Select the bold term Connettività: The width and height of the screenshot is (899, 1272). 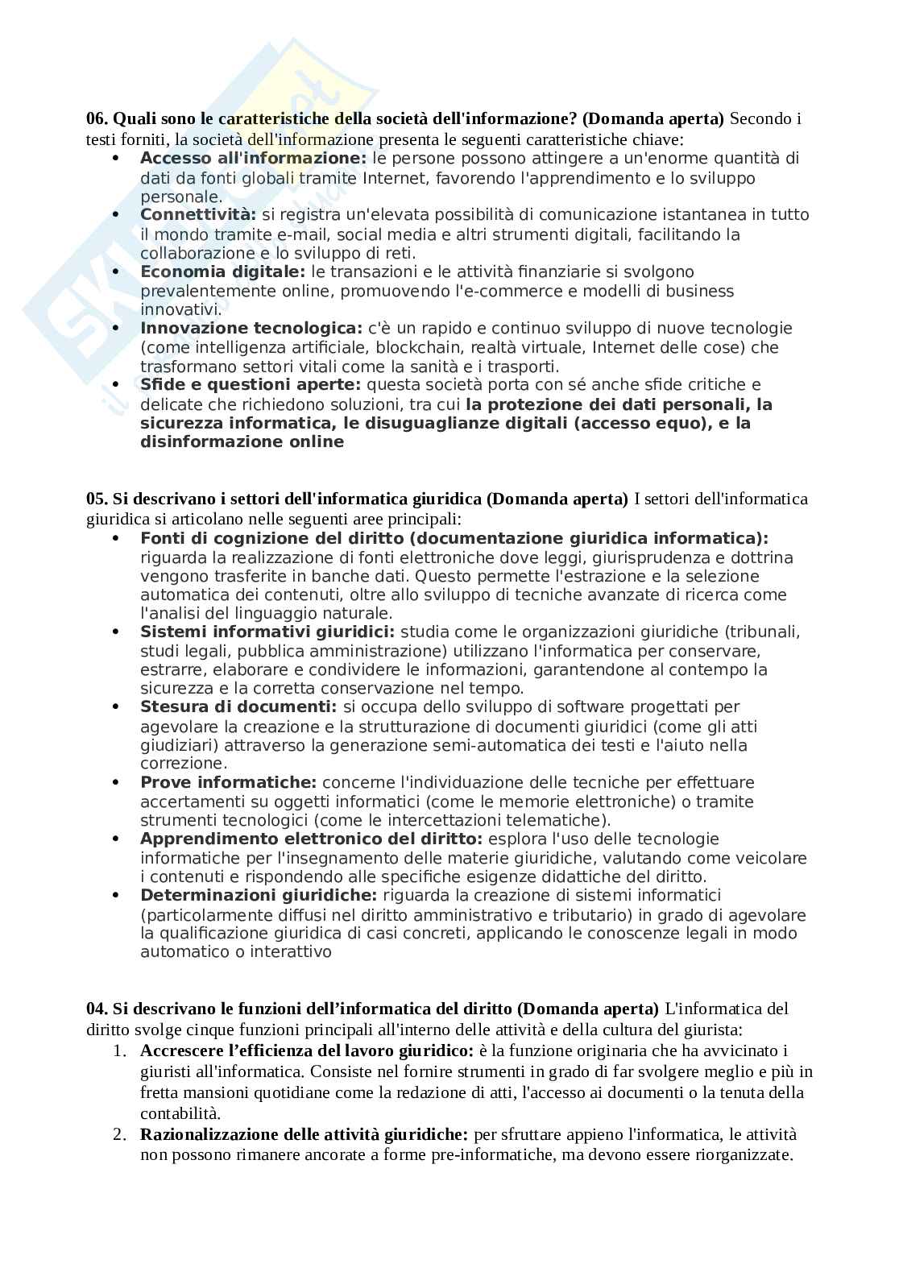[x=197, y=215]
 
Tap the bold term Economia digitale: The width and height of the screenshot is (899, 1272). [x=222, y=272]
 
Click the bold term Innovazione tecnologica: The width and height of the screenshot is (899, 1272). [x=251, y=329]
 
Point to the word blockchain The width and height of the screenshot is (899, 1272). [x=419, y=348]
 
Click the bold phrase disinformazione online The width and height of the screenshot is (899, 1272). [x=242, y=442]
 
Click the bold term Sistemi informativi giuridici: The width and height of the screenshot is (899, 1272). [x=267, y=632]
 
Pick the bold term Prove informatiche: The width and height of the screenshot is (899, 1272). [x=229, y=783]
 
